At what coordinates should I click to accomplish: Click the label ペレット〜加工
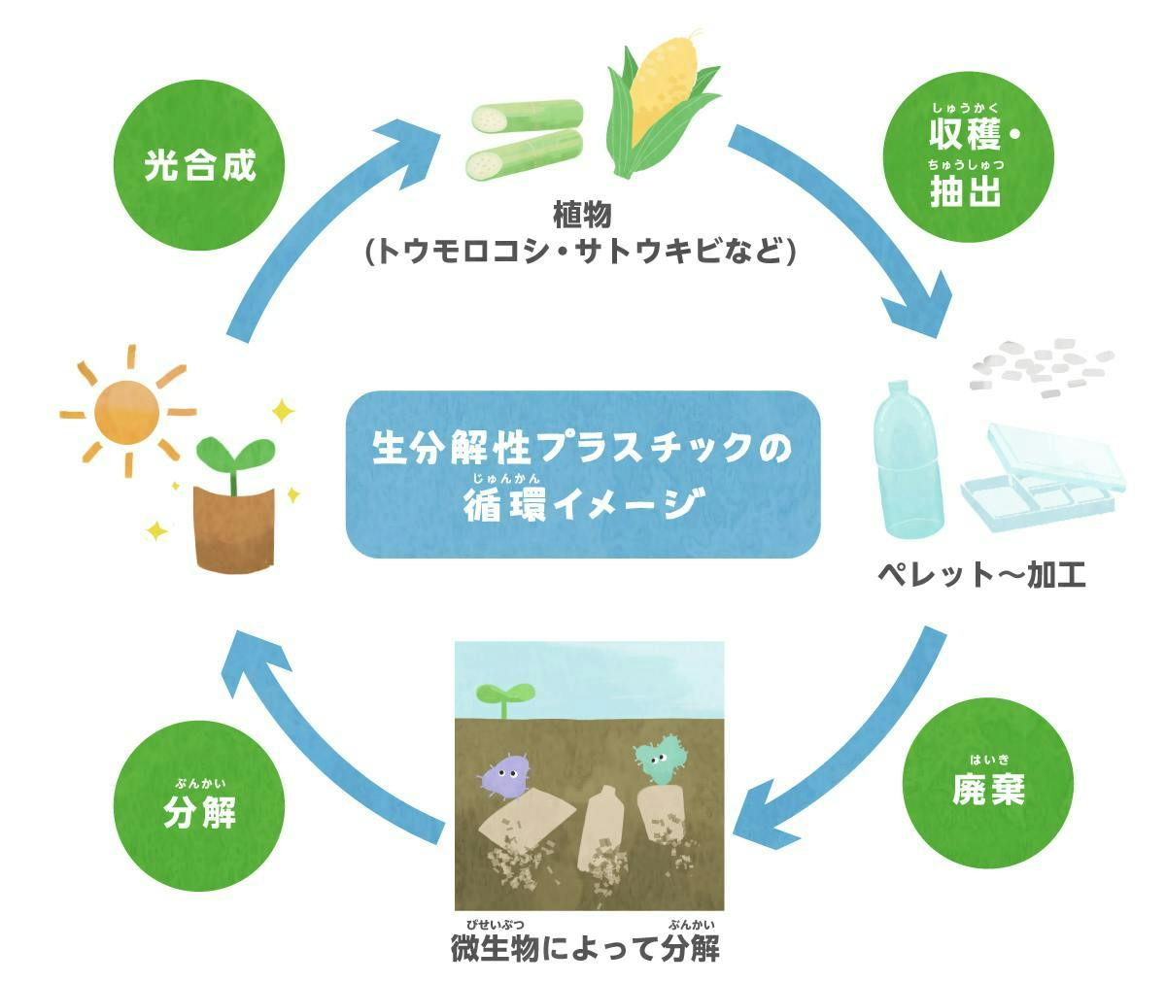coord(981,575)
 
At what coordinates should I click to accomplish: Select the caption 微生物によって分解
coord(585,947)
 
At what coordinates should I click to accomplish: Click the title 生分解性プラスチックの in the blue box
coord(582,448)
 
